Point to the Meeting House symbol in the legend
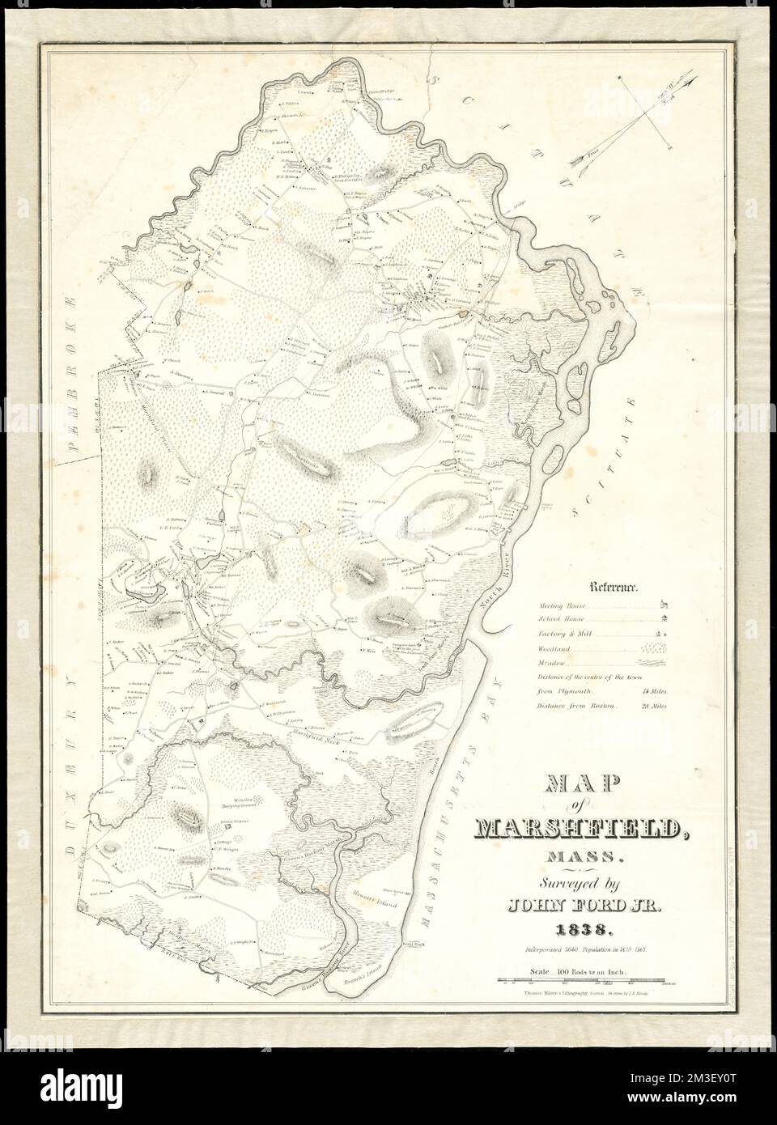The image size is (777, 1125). point(664,604)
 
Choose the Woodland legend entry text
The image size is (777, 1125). point(551,649)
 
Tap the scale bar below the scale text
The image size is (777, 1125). point(584,981)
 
